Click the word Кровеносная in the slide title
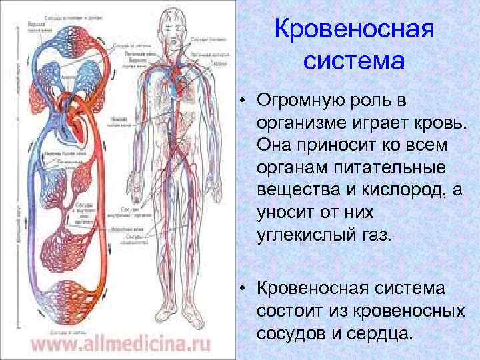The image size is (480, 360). click(x=355, y=29)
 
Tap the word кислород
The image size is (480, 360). click(x=384, y=191)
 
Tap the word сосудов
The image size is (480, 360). click(x=289, y=333)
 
